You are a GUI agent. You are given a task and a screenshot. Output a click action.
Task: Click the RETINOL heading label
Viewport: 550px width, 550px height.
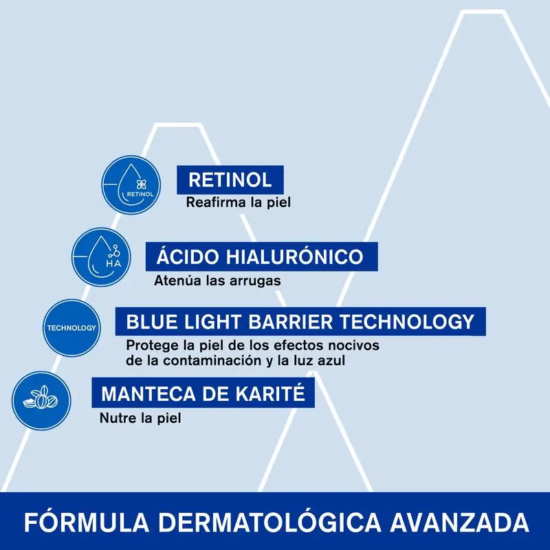click(x=230, y=180)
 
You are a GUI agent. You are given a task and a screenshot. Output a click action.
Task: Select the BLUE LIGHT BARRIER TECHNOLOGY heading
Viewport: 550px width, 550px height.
click(x=300, y=321)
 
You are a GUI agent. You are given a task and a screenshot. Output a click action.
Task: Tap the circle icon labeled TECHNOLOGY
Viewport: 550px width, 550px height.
click(x=71, y=328)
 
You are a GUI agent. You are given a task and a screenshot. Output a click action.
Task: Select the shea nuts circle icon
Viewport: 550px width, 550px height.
click(x=41, y=400)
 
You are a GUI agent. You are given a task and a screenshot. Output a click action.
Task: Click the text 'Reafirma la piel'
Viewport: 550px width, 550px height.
click(x=239, y=203)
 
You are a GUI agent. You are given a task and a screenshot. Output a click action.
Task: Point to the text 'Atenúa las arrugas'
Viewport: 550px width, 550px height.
click(x=217, y=280)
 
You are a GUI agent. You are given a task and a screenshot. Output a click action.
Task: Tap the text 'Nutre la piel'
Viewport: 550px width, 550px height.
click(x=140, y=417)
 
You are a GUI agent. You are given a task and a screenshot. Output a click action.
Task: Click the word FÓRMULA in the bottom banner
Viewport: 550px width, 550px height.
click(x=76, y=521)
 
